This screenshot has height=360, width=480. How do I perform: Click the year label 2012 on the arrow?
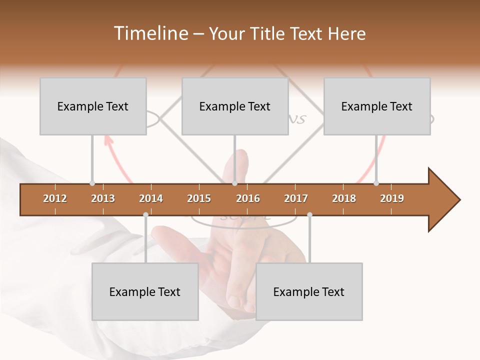(x=55, y=198)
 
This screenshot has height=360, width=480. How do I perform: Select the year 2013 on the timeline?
(x=103, y=198)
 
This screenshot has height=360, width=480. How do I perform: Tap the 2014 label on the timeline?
(x=151, y=198)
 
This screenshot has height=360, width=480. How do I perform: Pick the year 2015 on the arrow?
(x=199, y=198)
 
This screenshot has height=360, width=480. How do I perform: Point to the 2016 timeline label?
(x=248, y=198)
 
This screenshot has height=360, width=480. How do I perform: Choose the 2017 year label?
(x=296, y=198)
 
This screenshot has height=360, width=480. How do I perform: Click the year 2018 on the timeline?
(x=344, y=198)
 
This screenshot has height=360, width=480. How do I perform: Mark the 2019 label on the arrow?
(x=392, y=198)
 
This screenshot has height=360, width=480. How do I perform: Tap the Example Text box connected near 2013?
(x=93, y=106)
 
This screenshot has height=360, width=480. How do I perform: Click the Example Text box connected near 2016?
(x=235, y=106)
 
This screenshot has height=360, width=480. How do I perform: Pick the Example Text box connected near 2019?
(x=377, y=106)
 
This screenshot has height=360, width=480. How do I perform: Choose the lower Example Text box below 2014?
(x=145, y=291)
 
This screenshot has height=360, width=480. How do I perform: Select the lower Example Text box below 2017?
(x=309, y=291)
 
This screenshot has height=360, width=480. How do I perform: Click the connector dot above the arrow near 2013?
(x=92, y=183)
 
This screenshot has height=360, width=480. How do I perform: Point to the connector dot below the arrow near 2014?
(x=145, y=215)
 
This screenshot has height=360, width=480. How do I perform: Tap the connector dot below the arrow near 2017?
(x=309, y=215)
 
